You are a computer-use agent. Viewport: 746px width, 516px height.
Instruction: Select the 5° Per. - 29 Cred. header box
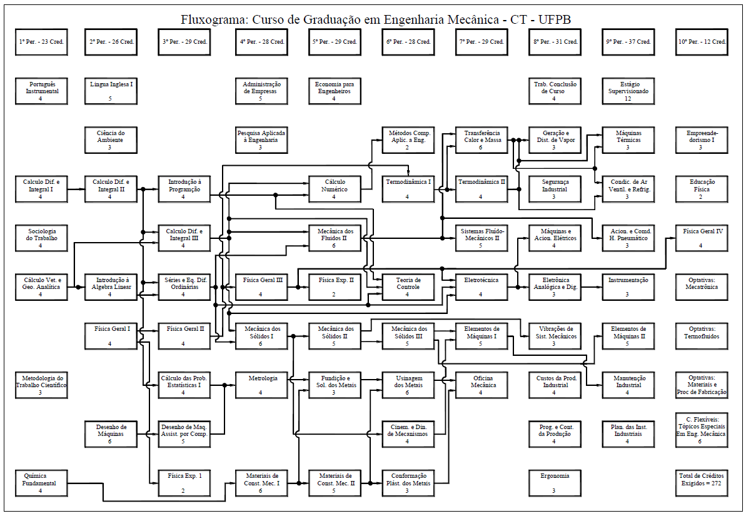(335, 42)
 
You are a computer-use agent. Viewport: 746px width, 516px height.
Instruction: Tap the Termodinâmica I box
(408, 189)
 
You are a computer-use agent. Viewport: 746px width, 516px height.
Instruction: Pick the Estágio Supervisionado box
(628, 91)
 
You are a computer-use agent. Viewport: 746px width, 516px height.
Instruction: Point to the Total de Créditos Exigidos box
(702, 483)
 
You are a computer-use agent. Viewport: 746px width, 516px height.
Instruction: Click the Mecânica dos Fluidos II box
(335, 238)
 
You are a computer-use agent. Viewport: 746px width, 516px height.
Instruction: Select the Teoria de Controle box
(408, 287)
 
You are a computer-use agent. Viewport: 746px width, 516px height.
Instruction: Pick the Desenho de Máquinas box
(110, 433)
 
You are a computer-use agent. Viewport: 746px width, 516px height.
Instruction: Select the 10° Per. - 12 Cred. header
(702, 42)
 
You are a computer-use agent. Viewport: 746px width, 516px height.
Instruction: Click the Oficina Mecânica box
(480, 385)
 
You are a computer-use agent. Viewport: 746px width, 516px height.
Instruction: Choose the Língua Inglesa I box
(110, 91)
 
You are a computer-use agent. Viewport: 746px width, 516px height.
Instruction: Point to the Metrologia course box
(261, 385)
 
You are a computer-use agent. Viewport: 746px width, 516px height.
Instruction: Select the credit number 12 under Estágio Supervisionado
(628, 99)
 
